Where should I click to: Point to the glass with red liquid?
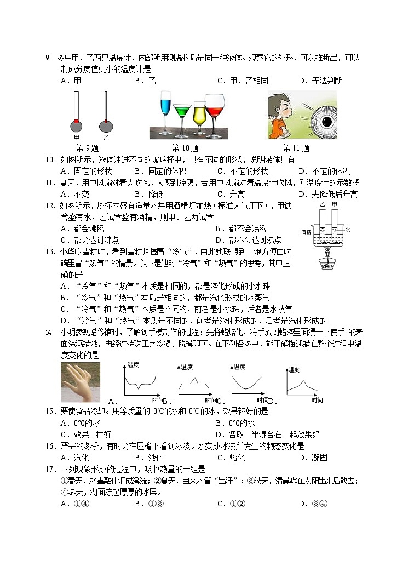pos(216,112)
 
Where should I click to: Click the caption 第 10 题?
pos(185,148)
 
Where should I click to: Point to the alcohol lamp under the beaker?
pos(326,260)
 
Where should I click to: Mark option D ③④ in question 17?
pos(313,504)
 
